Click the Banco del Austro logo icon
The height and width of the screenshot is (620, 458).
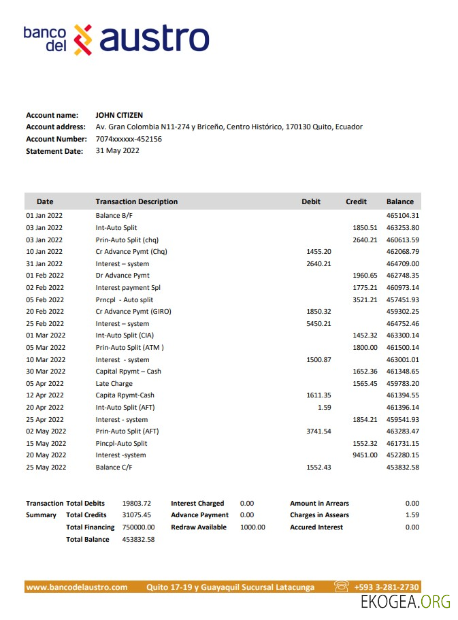pyautogui.click(x=82, y=39)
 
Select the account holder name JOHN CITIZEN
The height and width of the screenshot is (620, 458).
pyautogui.click(x=119, y=115)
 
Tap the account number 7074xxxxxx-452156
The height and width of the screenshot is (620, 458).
pyautogui.click(x=129, y=139)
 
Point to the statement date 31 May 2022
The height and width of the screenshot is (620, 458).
pyautogui.click(x=117, y=150)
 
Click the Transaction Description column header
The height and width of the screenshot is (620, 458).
pyautogui.click(x=136, y=201)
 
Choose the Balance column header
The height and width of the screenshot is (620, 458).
pyautogui.click(x=399, y=201)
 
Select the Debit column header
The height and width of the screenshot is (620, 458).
pyautogui.click(x=311, y=201)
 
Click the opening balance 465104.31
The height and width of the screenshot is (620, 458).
pyautogui.click(x=402, y=216)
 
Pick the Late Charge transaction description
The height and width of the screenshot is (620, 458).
pyautogui.click(x=114, y=383)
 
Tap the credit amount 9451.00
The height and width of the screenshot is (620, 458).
pyautogui.click(x=364, y=455)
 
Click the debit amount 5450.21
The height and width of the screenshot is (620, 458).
pyautogui.click(x=318, y=323)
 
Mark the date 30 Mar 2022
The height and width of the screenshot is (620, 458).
pyautogui.click(x=46, y=372)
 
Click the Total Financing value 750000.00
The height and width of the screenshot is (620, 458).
pyautogui.click(x=138, y=527)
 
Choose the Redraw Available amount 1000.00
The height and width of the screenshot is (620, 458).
pyautogui.click(x=252, y=527)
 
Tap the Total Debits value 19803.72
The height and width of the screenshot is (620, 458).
pyautogui.click(x=136, y=504)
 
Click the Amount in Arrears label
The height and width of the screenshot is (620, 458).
pyautogui.click(x=319, y=504)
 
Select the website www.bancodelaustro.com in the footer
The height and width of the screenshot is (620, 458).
pyautogui.click(x=77, y=587)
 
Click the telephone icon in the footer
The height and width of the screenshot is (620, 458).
pyautogui.click(x=342, y=587)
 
